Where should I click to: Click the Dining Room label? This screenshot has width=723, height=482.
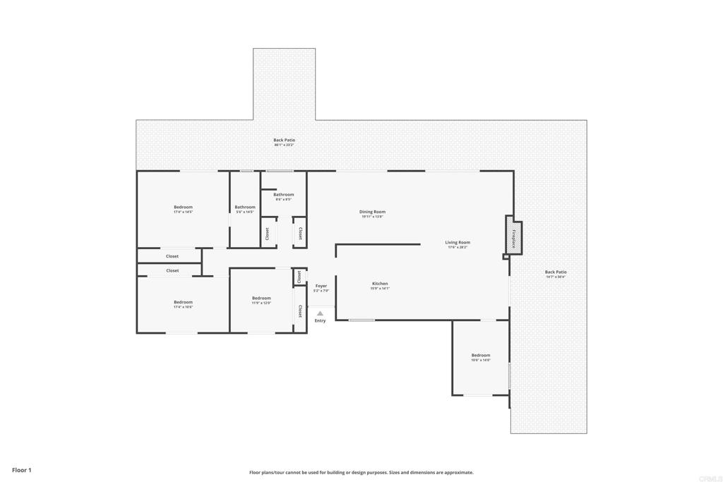pyautogui.click(x=373, y=212)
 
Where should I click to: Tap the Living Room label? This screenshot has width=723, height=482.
pyautogui.click(x=458, y=242)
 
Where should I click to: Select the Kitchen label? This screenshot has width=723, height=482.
pyautogui.click(x=380, y=284)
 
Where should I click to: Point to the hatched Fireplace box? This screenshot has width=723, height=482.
pyautogui.click(x=513, y=234)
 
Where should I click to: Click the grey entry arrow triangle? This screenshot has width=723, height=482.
pyautogui.click(x=320, y=313)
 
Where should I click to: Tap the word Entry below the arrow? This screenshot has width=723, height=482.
pyautogui.click(x=320, y=321)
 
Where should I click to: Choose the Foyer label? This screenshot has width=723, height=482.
pyautogui.click(x=321, y=286)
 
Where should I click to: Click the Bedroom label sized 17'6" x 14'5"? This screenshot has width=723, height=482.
pyautogui.click(x=183, y=207)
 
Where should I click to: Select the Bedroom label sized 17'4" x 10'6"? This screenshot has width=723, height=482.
pyautogui.click(x=183, y=302)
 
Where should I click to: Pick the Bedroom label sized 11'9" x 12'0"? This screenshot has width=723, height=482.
pyautogui.click(x=261, y=298)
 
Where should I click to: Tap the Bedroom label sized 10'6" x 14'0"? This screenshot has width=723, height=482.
pyautogui.click(x=481, y=355)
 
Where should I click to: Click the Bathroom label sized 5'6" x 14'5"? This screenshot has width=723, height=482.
pyautogui.click(x=245, y=207)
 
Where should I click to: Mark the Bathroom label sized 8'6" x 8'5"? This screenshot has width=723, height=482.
pyautogui.click(x=284, y=194)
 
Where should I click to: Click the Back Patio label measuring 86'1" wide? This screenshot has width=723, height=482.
pyautogui.click(x=285, y=140)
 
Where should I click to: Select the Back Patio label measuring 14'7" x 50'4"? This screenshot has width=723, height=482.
pyautogui.click(x=556, y=272)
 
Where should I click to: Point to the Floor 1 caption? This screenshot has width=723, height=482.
pyautogui.click(x=22, y=470)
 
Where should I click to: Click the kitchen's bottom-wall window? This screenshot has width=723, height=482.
pyautogui.click(x=361, y=320)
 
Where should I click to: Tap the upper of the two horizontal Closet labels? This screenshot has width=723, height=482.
pyautogui.click(x=172, y=256)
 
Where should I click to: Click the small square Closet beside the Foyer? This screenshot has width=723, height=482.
pyautogui.click(x=299, y=277)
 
